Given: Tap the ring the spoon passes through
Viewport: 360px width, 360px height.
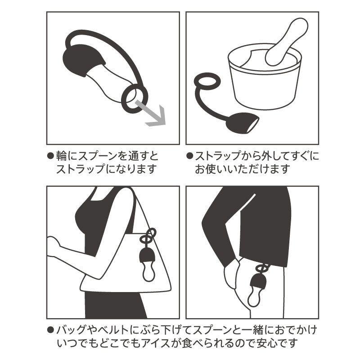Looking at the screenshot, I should (135, 96).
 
